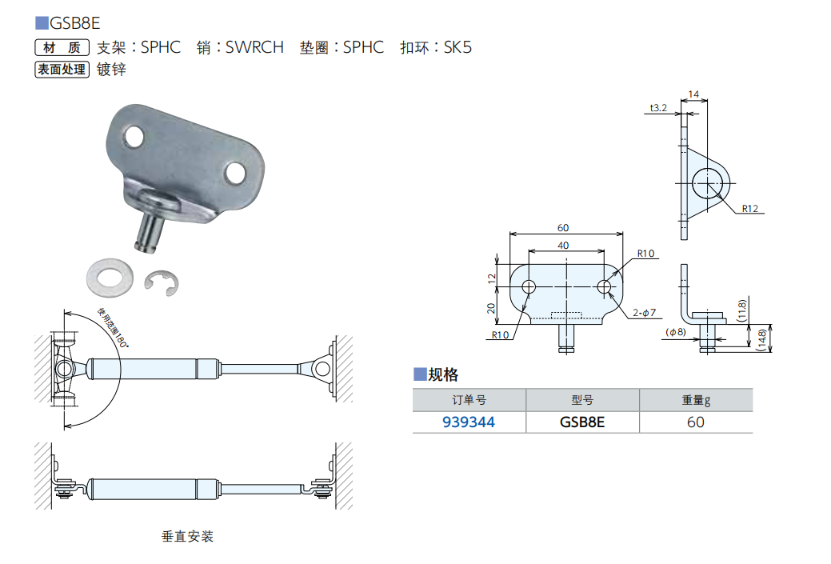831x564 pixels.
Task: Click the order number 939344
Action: point(469,422)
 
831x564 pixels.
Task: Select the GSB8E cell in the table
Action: point(582,422)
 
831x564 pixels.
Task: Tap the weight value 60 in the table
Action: point(695,422)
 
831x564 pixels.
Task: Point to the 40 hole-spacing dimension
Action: point(565,246)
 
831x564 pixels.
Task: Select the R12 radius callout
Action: point(749,209)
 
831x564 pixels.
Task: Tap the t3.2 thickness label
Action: point(658,106)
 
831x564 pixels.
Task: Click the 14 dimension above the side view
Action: point(693,94)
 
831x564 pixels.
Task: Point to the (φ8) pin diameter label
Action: point(676,331)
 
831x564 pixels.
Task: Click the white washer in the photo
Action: point(111,275)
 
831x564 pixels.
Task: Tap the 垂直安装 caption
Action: point(188,536)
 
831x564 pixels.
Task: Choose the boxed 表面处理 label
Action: point(61,70)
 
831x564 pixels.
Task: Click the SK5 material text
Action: point(457,47)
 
